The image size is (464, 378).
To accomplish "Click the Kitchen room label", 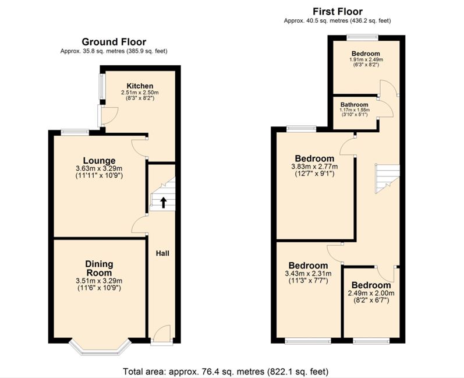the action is [x=140, y=86].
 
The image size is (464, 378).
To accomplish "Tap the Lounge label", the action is [x=99, y=161].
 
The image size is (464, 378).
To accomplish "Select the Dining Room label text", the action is [x=99, y=268].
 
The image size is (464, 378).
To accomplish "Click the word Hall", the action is [x=162, y=253].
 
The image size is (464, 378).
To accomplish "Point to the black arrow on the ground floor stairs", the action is [x=163, y=203].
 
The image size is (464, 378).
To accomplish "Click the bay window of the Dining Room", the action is [x=100, y=349].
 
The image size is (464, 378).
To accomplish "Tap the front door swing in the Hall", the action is [x=162, y=333].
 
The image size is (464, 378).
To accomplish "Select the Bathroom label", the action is [x=354, y=105].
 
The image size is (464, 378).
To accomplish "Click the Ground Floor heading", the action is [x=114, y=42].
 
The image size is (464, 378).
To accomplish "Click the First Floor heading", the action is [x=338, y=12].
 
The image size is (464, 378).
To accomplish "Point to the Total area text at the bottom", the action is [x=225, y=371].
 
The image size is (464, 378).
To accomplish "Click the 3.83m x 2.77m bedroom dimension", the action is [x=314, y=167].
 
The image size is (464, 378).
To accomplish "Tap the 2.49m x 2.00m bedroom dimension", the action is [x=371, y=294].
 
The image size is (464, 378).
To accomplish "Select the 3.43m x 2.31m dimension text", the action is [x=309, y=274].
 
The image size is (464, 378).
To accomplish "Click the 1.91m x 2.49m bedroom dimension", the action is [x=366, y=59].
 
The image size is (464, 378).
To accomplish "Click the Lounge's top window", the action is [x=75, y=133].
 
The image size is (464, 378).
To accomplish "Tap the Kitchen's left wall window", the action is [x=102, y=86].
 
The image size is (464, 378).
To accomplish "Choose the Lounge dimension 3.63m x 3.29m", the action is [x=99, y=169].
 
